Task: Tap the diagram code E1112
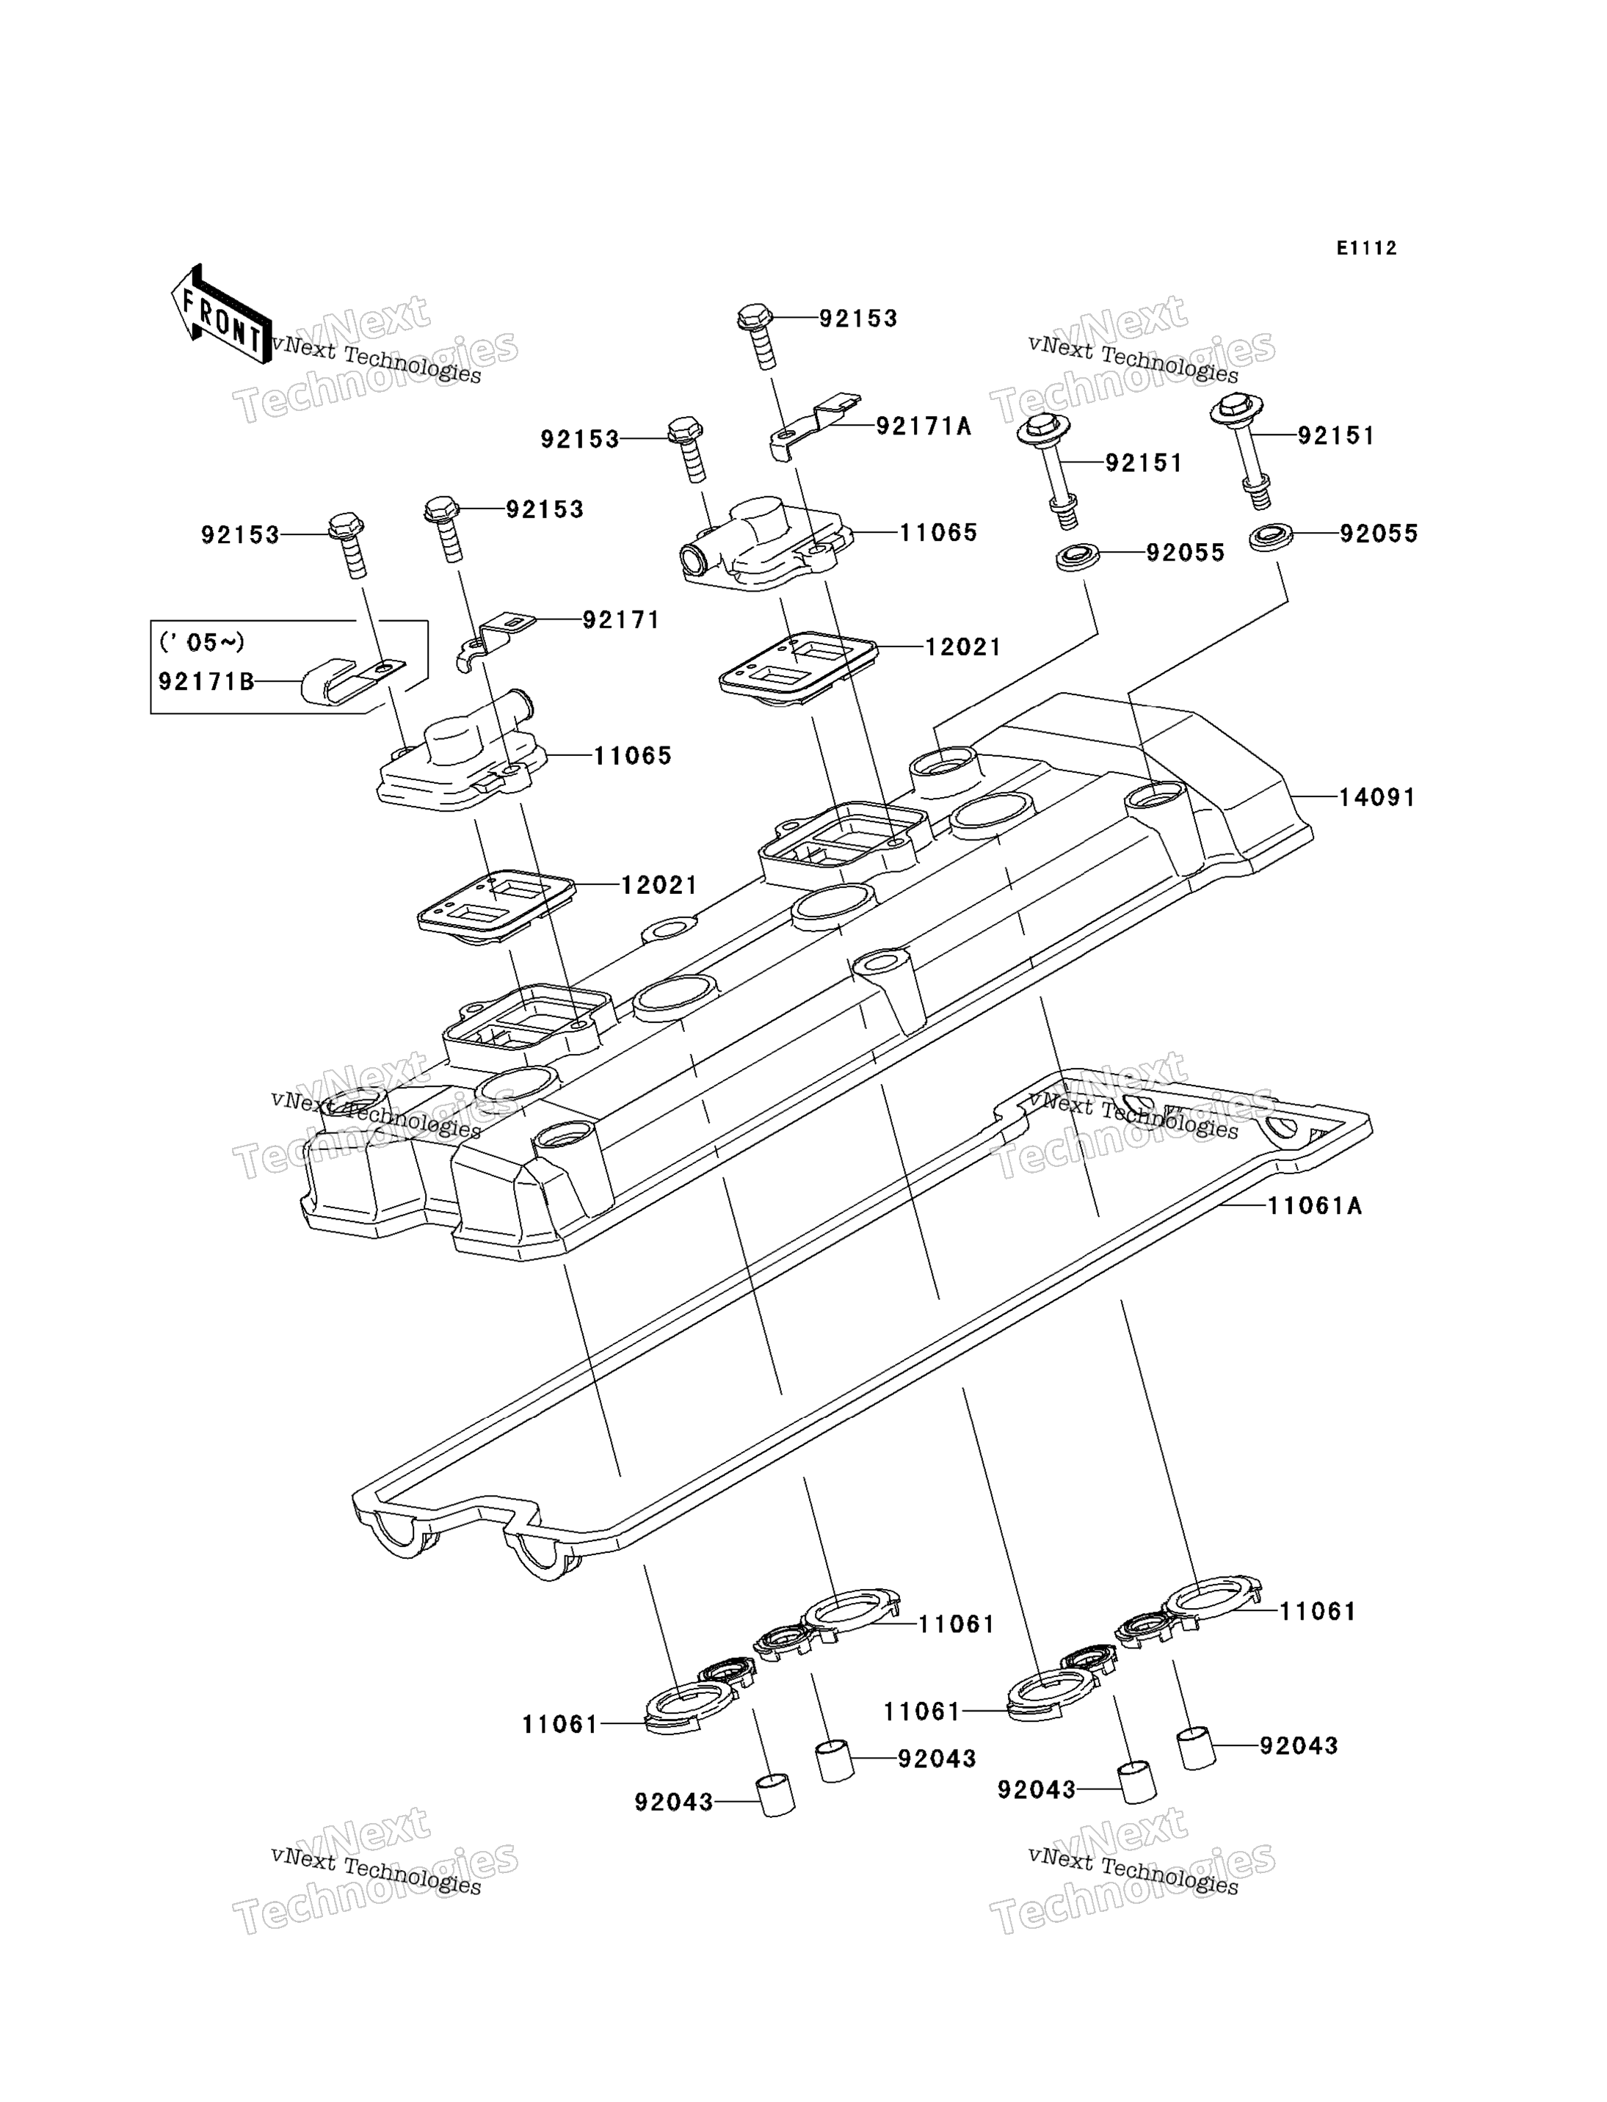(1367, 249)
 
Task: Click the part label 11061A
(1316, 1206)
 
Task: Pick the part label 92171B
(206, 681)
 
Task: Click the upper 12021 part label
(963, 647)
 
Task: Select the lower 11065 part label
(634, 755)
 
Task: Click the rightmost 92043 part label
(1299, 1745)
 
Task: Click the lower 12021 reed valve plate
(496, 906)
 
